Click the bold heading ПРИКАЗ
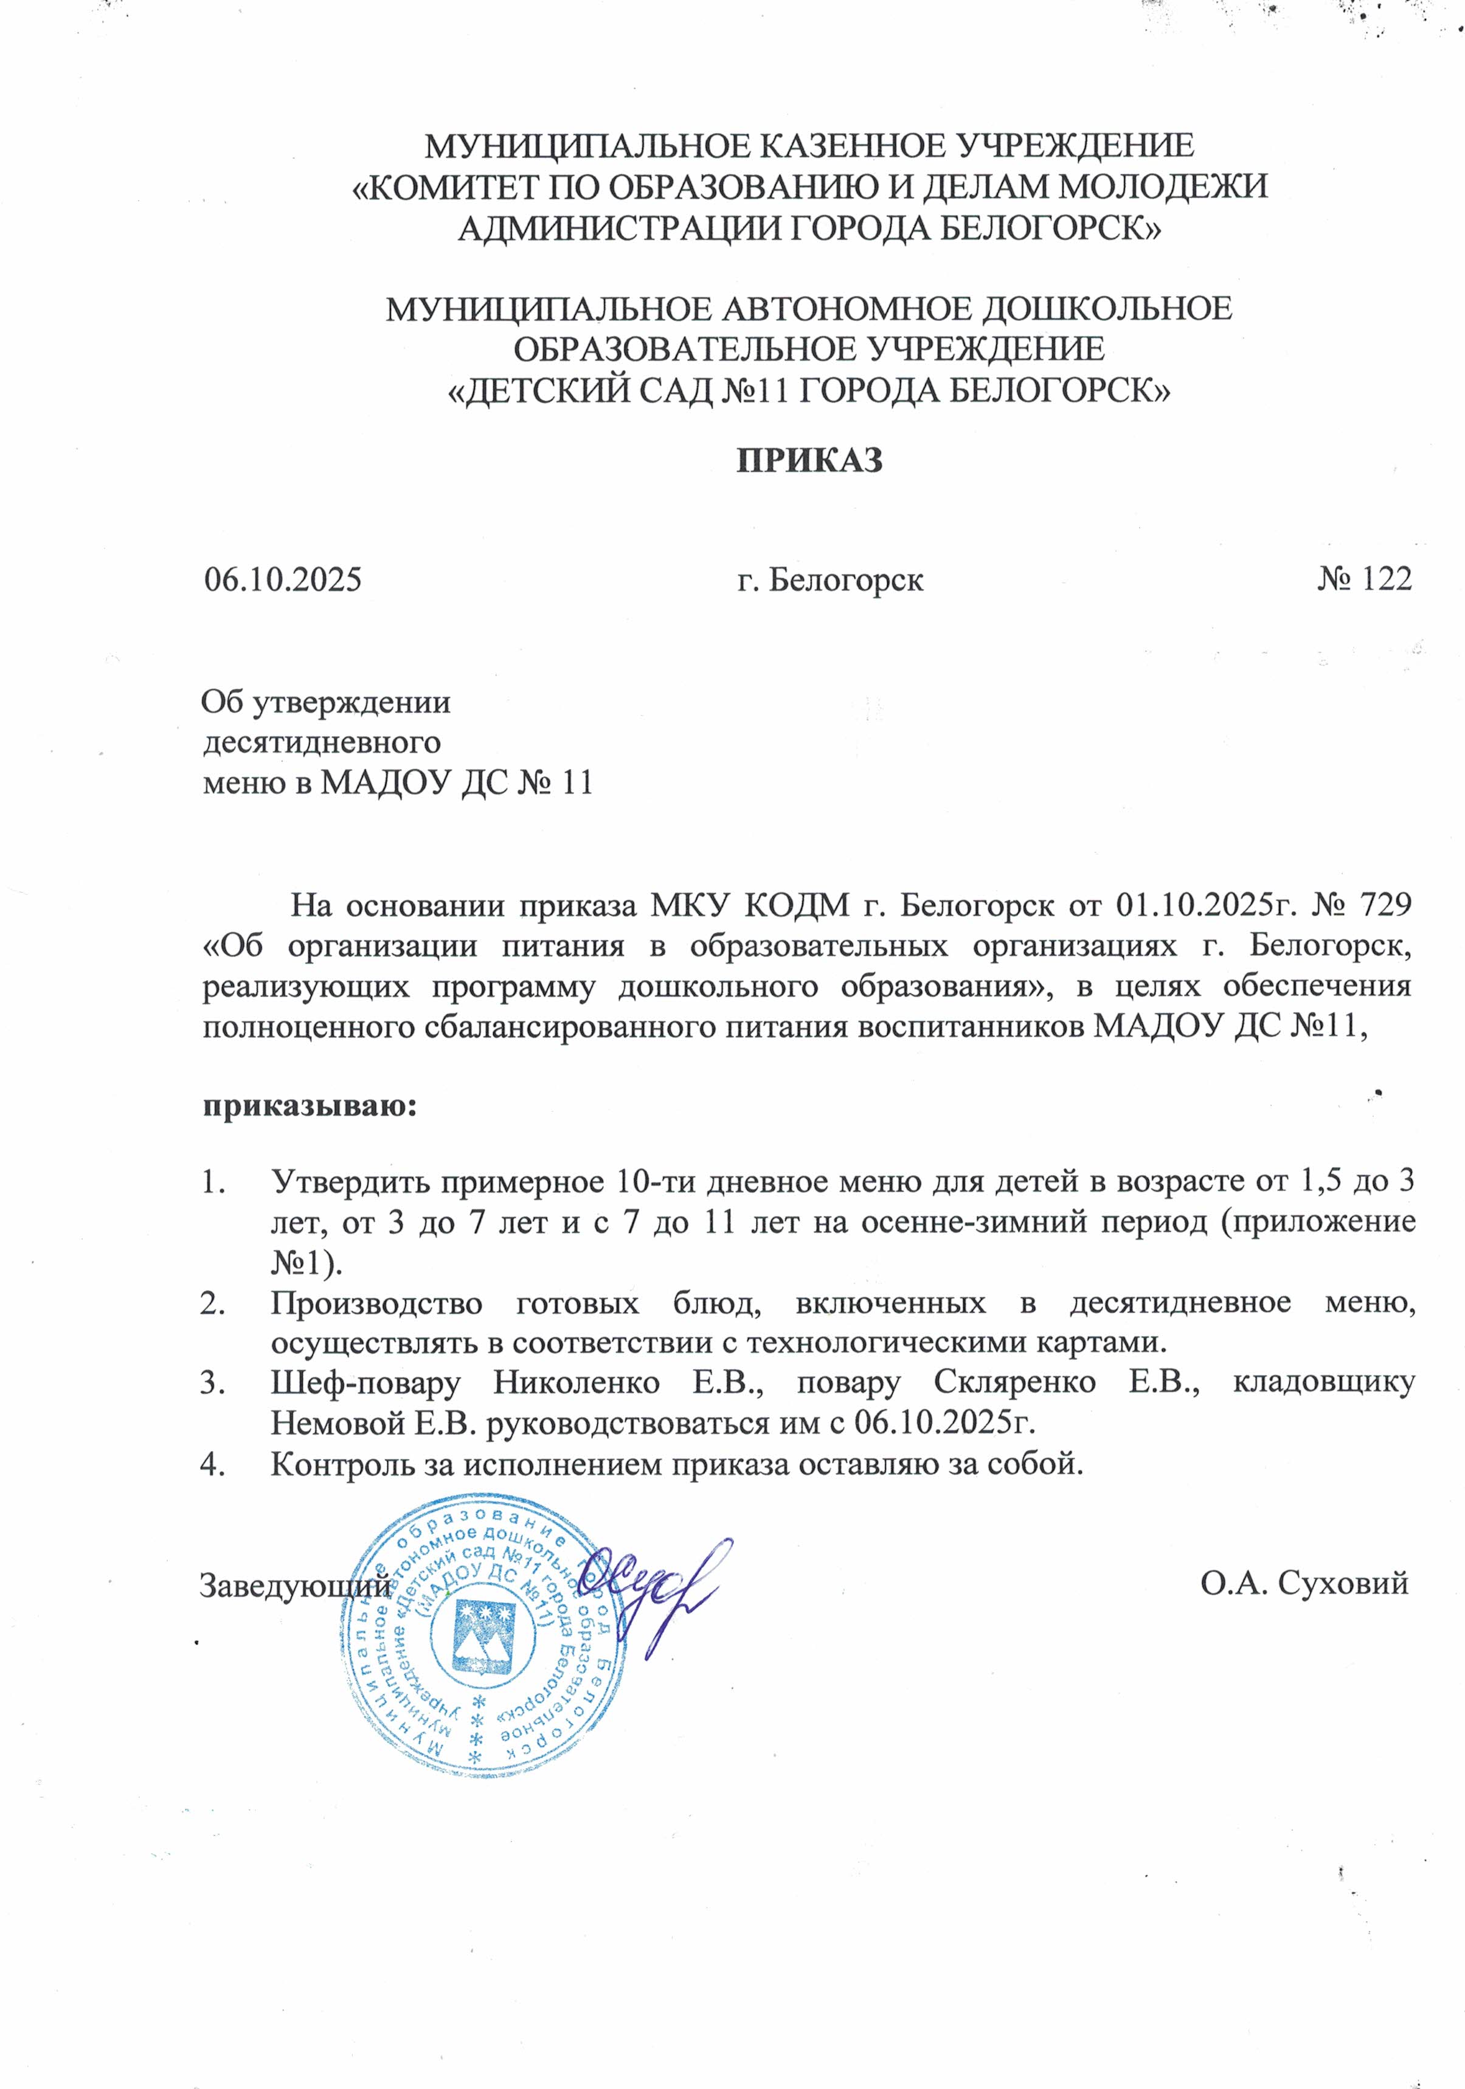(x=809, y=460)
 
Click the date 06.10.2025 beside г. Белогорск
(x=283, y=579)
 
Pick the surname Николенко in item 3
(x=576, y=1383)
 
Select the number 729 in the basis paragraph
(x=1385, y=905)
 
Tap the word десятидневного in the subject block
(x=321, y=742)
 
